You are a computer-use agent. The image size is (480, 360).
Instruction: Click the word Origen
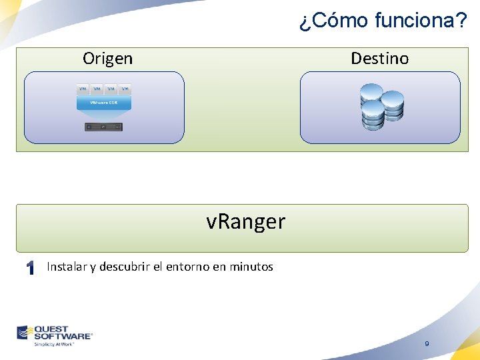tap(107, 59)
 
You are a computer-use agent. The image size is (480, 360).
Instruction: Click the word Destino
tap(379, 59)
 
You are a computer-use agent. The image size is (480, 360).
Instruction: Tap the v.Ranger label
tap(245, 221)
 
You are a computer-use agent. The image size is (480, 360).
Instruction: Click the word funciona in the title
tap(420, 21)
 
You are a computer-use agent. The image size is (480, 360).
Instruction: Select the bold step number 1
tap(29, 268)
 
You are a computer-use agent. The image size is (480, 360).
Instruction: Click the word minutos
tap(251, 267)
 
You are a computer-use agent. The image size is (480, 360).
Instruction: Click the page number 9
tap(427, 344)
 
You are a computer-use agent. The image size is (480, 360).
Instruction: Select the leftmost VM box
tap(83, 89)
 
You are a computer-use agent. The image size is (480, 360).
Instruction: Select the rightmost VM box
tap(125, 89)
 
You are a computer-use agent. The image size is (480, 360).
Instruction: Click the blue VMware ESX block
tap(103, 103)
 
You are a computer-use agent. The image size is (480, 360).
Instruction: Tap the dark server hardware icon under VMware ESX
tap(103, 127)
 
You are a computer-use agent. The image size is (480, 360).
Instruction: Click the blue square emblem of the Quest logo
tap(25, 332)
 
